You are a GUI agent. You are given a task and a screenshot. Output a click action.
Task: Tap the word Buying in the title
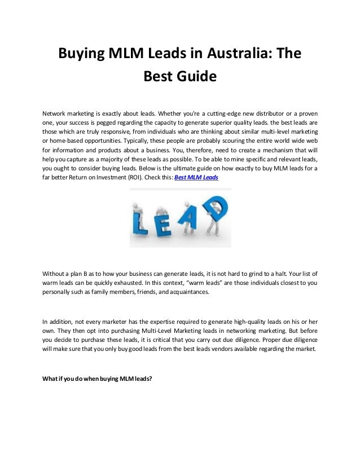point(84,55)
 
